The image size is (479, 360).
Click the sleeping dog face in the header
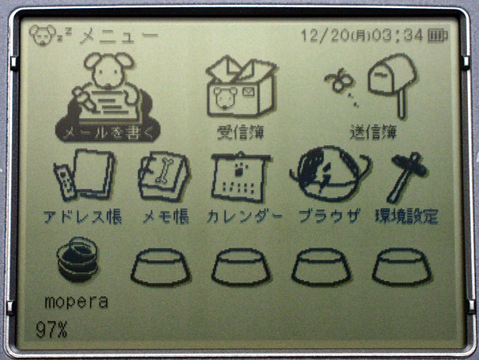click(x=43, y=35)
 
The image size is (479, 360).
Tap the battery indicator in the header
click(x=437, y=36)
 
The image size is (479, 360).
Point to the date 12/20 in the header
click(x=325, y=35)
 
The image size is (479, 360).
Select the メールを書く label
click(x=108, y=133)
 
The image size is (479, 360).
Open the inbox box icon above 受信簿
click(x=241, y=86)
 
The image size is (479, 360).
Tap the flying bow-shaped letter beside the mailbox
click(x=339, y=80)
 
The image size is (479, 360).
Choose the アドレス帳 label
click(x=82, y=217)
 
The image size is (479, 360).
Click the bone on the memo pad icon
click(x=164, y=170)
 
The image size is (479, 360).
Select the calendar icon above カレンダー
click(x=241, y=177)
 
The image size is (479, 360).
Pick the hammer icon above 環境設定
click(x=407, y=178)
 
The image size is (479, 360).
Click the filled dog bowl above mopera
click(x=77, y=259)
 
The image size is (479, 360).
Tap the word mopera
click(x=76, y=302)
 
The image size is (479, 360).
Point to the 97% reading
click(x=51, y=330)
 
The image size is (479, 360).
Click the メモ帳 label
click(x=165, y=217)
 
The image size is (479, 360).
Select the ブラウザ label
click(x=329, y=216)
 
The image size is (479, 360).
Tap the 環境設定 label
click(x=406, y=216)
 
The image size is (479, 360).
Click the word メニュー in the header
click(x=119, y=35)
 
